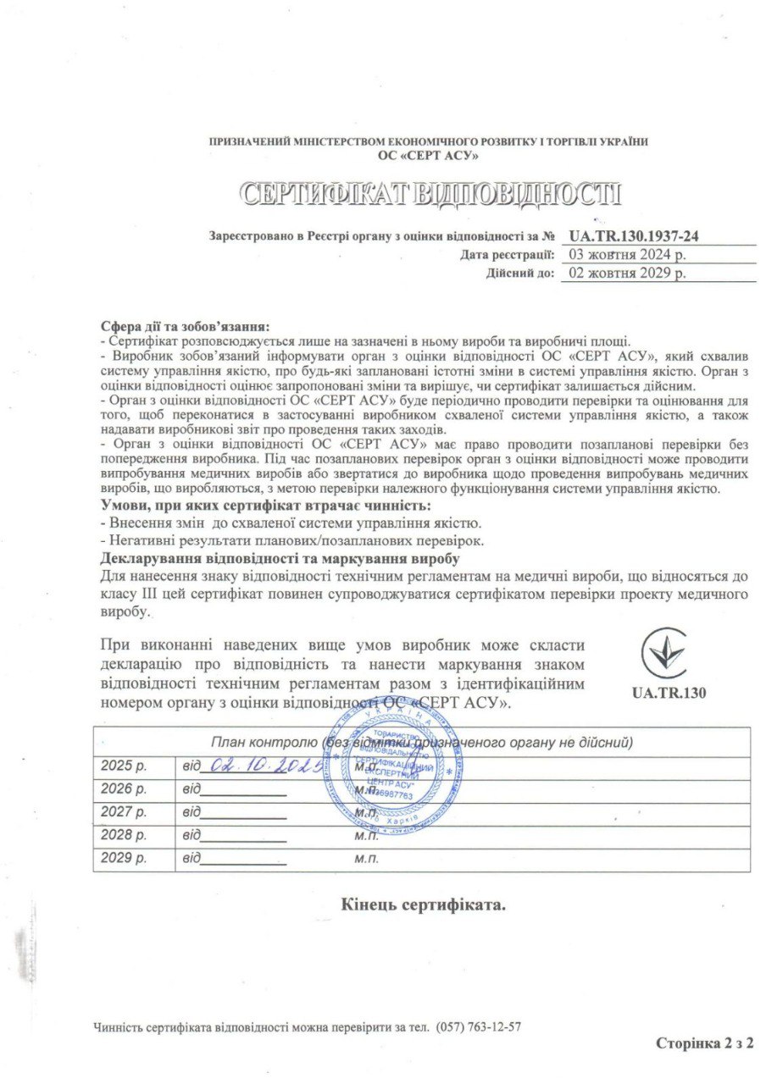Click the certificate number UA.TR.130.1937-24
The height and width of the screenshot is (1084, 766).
(639, 236)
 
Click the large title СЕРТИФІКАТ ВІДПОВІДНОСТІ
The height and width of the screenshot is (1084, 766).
(431, 194)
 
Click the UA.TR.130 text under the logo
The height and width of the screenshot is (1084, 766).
(669, 692)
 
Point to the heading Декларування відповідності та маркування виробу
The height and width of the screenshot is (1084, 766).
(280, 560)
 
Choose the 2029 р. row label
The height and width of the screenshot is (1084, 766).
(124, 859)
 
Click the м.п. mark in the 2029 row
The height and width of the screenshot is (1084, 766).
(366, 859)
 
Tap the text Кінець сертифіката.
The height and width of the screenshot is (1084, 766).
(424, 904)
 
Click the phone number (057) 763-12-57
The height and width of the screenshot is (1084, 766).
(479, 1027)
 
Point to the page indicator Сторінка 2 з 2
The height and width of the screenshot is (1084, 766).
(704, 1043)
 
